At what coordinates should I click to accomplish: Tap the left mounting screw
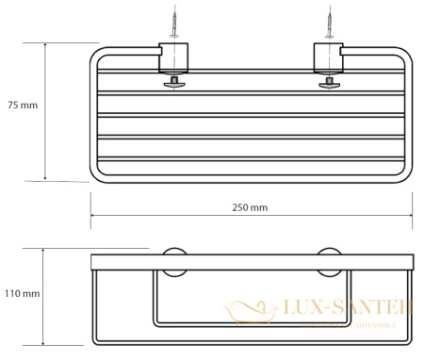tap(173, 22)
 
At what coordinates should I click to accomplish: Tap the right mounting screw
tap(332, 22)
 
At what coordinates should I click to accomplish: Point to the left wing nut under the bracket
tap(173, 84)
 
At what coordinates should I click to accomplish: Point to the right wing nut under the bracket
tap(331, 84)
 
